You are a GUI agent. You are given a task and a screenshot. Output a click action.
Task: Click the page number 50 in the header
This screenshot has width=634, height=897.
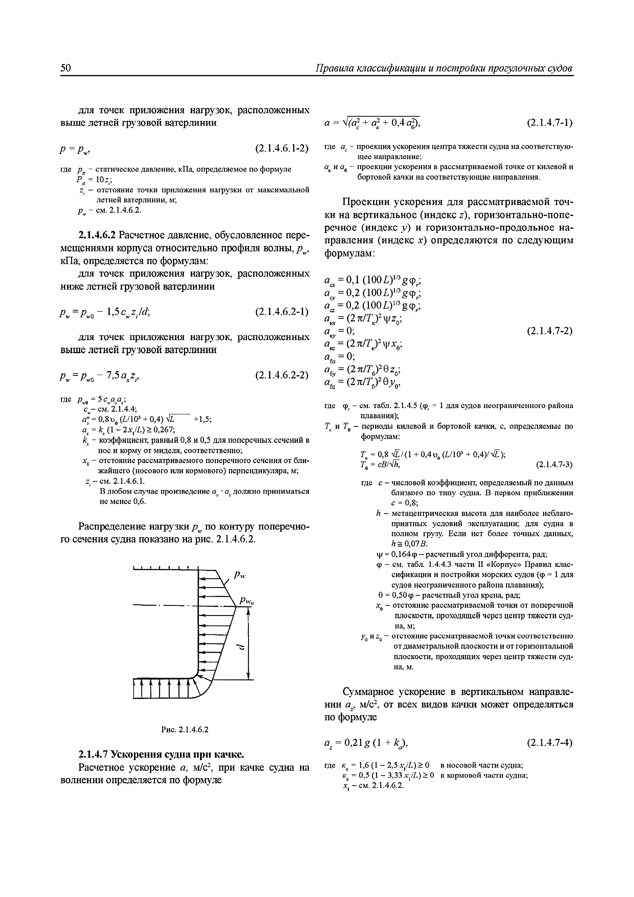pyautogui.click(x=66, y=68)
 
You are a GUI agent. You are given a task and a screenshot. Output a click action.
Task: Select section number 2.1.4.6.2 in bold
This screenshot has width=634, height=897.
pyautogui.click(x=97, y=235)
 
